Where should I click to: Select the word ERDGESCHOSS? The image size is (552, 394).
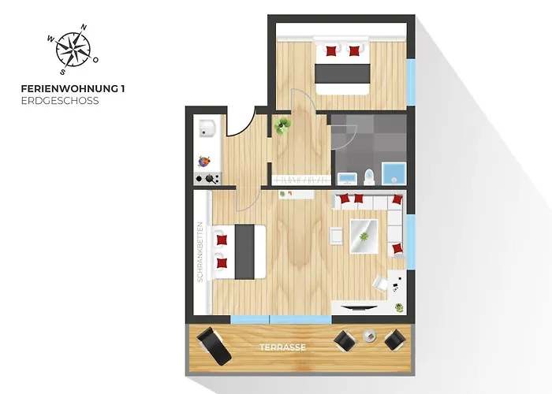[x=60, y=101]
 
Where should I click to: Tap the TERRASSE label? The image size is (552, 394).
[x=282, y=347]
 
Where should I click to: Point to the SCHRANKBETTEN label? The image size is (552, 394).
[x=202, y=251]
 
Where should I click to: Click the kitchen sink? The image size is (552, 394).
[x=208, y=128]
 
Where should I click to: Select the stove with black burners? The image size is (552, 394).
[x=208, y=178]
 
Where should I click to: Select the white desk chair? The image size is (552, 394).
[x=381, y=282]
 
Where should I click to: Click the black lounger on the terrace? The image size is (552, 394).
[x=211, y=342]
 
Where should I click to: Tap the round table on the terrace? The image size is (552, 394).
[x=369, y=336]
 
